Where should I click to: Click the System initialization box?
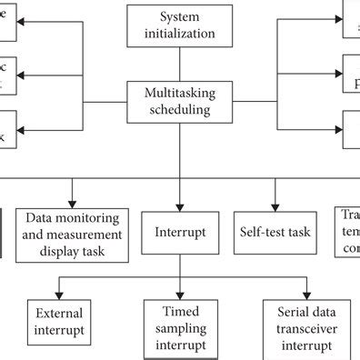point(180,25)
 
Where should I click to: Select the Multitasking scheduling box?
point(180,100)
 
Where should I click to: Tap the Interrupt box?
point(180,232)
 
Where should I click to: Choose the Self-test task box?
point(275,232)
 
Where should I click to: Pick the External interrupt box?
point(59,321)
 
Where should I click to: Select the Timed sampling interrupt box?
point(180,328)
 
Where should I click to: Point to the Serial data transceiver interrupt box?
point(300,328)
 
